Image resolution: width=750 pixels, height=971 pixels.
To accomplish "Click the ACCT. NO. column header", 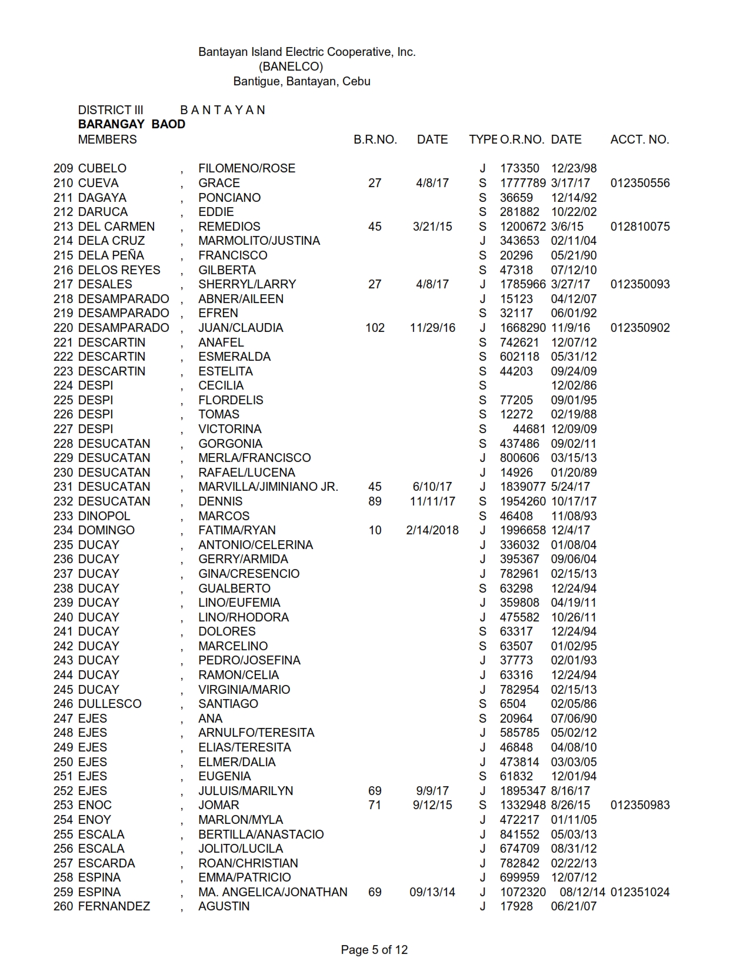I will click(639, 139).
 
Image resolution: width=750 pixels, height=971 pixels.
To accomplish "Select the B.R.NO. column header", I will click(375, 139).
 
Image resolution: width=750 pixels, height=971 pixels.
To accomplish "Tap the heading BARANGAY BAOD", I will click(132, 124).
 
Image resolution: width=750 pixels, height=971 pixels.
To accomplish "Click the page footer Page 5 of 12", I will click(374, 950).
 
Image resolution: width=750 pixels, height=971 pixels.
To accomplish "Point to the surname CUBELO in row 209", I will click(102, 168).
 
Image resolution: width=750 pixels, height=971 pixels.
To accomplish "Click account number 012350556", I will click(640, 183).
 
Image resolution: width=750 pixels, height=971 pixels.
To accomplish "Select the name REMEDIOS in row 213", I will click(229, 227).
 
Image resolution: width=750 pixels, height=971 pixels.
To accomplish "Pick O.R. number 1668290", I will click(523, 328).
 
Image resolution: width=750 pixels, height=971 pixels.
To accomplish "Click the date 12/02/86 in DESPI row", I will click(574, 385).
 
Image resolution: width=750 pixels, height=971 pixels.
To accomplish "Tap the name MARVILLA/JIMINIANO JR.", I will click(268, 487).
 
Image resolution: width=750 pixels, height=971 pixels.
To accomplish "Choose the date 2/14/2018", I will click(432, 530).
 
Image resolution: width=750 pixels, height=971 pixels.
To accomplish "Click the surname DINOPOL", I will click(104, 516).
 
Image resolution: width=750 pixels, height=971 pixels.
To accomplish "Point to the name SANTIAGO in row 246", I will click(228, 704).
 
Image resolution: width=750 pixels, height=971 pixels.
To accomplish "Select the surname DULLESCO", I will click(109, 704).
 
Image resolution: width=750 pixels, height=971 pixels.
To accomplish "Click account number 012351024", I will click(640, 892).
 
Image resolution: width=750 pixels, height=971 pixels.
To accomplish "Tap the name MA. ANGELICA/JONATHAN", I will click(273, 892).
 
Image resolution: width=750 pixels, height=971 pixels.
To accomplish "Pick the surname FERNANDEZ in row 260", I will click(114, 906).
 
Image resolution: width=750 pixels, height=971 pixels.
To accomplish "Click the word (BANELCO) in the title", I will click(291, 66).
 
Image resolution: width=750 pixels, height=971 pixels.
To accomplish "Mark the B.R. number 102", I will click(375, 328).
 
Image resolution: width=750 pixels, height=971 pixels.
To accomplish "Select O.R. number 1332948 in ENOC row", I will click(523, 805).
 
